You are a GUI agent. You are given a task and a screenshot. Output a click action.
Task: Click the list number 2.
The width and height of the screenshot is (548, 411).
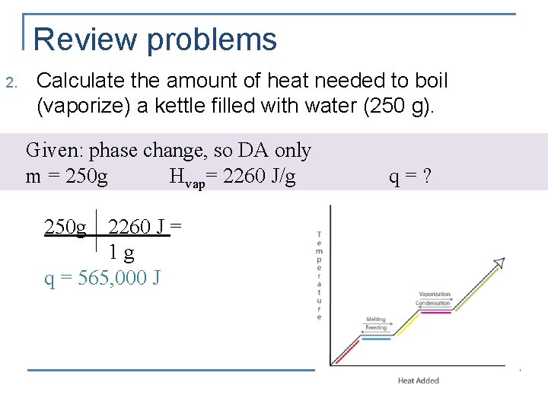tap(10, 82)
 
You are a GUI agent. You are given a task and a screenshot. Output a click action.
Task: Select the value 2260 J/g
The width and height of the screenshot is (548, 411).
tap(258, 177)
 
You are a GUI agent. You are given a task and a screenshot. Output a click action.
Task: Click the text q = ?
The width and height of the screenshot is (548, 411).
tap(411, 177)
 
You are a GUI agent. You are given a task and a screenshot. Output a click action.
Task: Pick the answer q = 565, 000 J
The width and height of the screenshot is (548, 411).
tap(102, 278)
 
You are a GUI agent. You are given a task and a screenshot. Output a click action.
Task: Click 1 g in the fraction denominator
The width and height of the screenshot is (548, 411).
tap(122, 252)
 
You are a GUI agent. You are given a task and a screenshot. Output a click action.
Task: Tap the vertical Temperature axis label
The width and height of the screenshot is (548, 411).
tap(319, 275)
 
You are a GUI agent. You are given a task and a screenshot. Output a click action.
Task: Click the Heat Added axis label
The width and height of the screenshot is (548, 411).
tap(419, 381)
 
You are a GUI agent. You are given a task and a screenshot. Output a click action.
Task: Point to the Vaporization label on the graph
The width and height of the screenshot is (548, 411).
tap(435, 294)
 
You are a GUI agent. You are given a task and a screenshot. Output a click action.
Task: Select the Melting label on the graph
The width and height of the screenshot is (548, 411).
tap(375, 320)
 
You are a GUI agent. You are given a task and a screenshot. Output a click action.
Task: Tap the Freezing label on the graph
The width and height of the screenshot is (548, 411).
tap(376, 327)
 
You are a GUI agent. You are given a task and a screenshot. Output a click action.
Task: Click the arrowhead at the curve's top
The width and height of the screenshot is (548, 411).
tap(499, 263)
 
